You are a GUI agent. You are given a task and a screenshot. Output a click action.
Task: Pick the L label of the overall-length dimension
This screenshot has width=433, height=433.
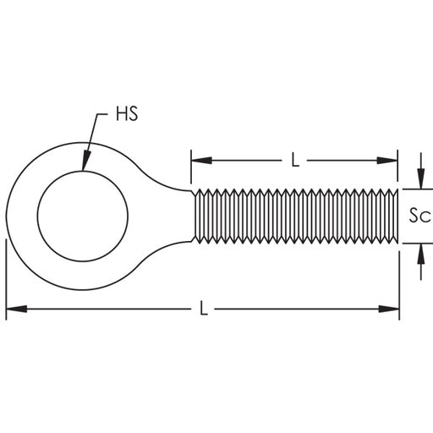[x=203, y=310]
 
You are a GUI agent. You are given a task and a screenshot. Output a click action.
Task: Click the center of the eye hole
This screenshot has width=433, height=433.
[x=81, y=215]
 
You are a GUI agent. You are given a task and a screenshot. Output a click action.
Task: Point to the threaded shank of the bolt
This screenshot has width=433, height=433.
[x=296, y=216]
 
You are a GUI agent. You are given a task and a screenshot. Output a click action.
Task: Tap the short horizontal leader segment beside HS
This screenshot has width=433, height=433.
[x=105, y=112]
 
